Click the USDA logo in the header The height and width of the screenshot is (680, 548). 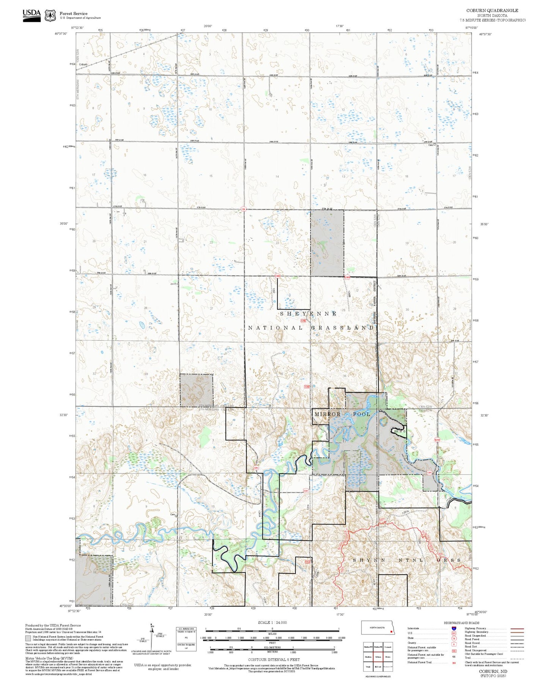pos(31,15)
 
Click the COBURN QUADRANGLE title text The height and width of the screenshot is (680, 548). pos(492,10)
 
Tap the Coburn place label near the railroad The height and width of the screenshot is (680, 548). pos(83,64)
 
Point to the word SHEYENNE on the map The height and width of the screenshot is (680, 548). pos(308,314)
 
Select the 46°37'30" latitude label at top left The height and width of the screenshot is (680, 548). pos(61,34)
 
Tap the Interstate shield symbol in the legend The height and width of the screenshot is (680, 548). pos(454,628)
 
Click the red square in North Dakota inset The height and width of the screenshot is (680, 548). pos(391,631)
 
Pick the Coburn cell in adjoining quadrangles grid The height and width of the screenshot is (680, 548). pos(378,657)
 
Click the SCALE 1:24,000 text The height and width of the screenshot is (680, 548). pos(272,622)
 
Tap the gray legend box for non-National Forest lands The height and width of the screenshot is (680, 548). pos(28,638)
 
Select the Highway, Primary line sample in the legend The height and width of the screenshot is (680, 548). pos(517,628)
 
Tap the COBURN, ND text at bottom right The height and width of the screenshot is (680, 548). pos(493,671)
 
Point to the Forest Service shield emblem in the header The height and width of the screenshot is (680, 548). pos(50,15)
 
